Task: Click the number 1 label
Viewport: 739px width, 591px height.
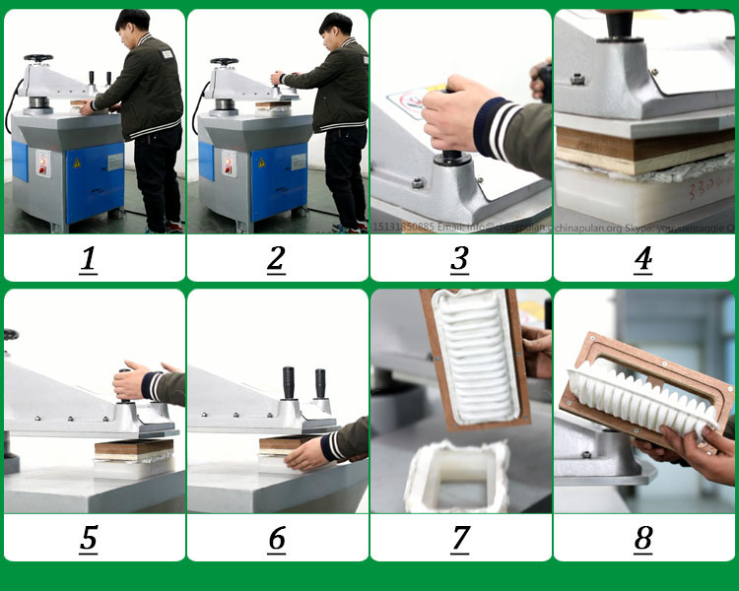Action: pos(90,259)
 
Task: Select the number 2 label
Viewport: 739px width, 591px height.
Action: pos(276,259)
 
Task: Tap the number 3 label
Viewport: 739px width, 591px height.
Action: pos(460,259)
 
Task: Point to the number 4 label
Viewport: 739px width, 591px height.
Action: pos(643,259)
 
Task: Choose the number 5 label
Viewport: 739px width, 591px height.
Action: pos(90,539)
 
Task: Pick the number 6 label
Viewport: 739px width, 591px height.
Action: pos(276,539)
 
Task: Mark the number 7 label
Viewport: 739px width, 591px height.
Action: pos(460,539)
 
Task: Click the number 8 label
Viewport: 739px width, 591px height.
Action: pos(643,539)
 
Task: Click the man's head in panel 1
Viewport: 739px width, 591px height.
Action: pos(133,25)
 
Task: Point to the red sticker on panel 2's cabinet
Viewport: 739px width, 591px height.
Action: pos(229,164)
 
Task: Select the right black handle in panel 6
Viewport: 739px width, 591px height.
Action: pos(320,382)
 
